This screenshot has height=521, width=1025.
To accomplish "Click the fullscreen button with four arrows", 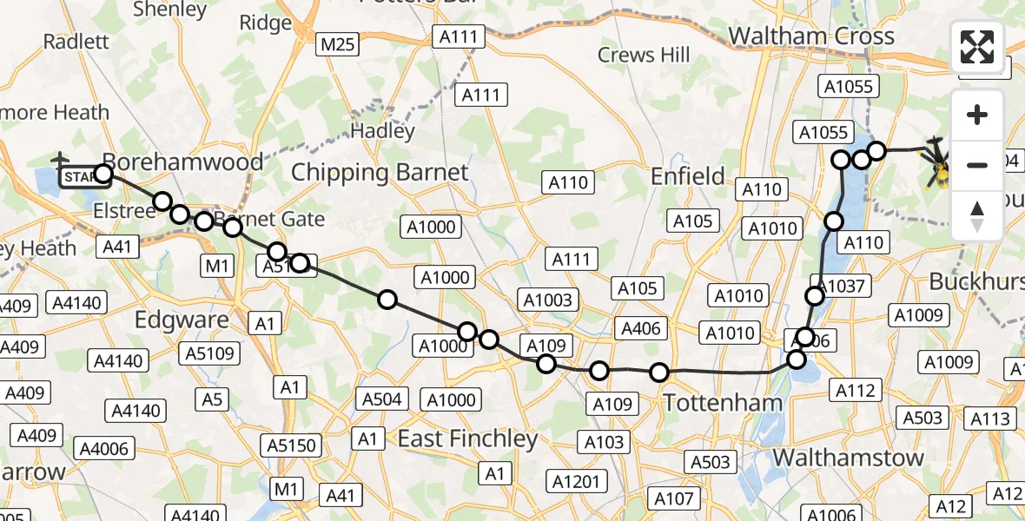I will pos(977,47).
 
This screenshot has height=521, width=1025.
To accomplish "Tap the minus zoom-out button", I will pos(977,165).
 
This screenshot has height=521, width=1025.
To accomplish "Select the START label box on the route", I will pos(80,177).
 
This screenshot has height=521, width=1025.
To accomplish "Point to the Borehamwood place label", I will pos(182,162).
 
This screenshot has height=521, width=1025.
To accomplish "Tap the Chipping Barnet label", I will pos(380,172).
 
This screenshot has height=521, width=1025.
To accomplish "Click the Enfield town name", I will pos(688,177).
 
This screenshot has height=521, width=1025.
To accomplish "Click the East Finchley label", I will pos(467,439).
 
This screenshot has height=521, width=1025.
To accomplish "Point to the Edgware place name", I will pos(182,320).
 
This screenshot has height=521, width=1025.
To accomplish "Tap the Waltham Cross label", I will pos(811,36).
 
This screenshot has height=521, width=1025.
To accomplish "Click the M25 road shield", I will pos(338,44).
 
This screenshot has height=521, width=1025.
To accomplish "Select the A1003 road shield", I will pos(547,300).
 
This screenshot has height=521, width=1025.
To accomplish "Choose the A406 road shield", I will pos(641,328).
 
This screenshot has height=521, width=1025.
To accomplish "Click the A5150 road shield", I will pos(292,445).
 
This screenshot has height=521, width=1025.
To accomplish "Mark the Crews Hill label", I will pos(644,56).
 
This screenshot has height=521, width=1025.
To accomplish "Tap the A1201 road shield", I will pos(577,480).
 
